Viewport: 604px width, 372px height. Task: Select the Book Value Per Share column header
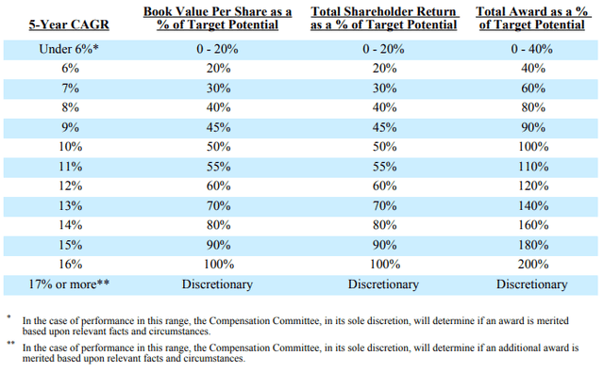[x=218, y=17]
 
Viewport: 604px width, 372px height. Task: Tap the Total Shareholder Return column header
[x=383, y=17]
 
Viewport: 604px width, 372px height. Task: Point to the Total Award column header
[x=535, y=17]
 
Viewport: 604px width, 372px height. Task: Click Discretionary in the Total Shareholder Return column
[x=383, y=283]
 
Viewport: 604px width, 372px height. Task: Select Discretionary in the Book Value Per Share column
[x=218, y=283]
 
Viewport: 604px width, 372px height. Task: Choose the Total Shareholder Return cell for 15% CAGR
[x=383, y=245]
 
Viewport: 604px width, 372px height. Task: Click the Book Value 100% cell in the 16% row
[x=218, y=265]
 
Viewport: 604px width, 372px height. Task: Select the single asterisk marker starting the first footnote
[x=8, y=318]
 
